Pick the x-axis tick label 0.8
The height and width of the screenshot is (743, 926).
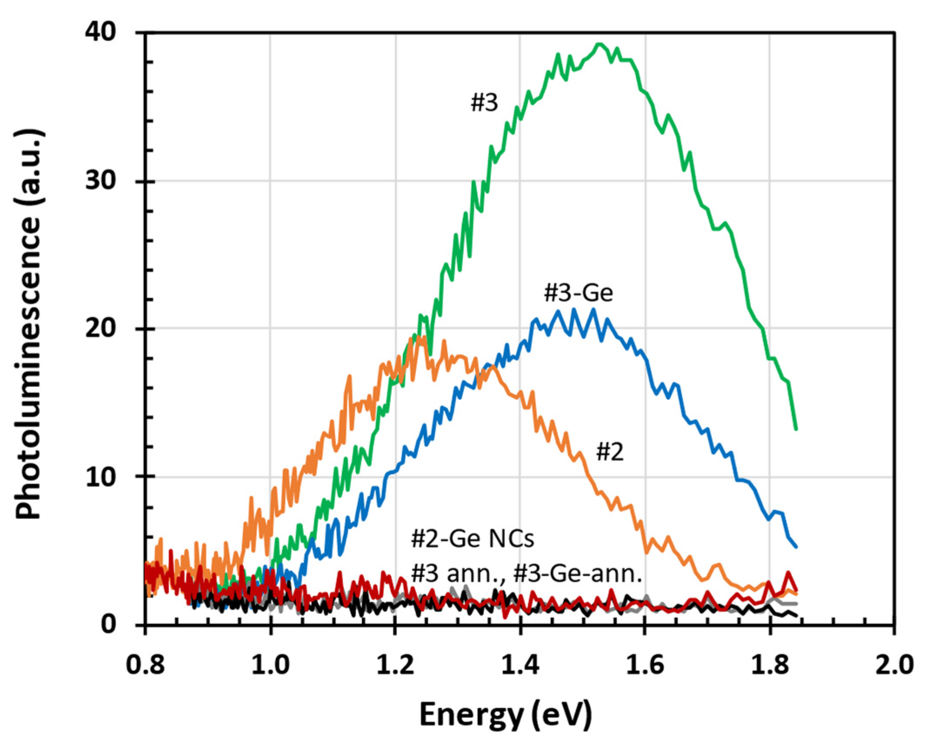[145, 665]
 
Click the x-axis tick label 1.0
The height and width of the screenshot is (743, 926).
[270, 665]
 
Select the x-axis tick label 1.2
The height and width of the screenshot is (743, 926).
[395, 665]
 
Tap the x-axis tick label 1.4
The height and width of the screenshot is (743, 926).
[520, 665]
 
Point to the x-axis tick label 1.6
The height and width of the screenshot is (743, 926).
[645, 665]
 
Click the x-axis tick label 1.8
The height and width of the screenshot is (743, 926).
[770, 665]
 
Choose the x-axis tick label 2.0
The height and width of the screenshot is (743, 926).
[894, 665]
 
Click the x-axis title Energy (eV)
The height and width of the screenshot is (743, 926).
[505, 715]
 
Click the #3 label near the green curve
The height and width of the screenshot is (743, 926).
[484, 103]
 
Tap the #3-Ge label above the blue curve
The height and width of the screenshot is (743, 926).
[578, 293]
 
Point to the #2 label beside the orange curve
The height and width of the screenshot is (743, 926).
[610, 452]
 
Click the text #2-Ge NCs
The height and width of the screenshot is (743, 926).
[472, 539]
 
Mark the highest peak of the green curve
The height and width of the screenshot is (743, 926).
[600, 43]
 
